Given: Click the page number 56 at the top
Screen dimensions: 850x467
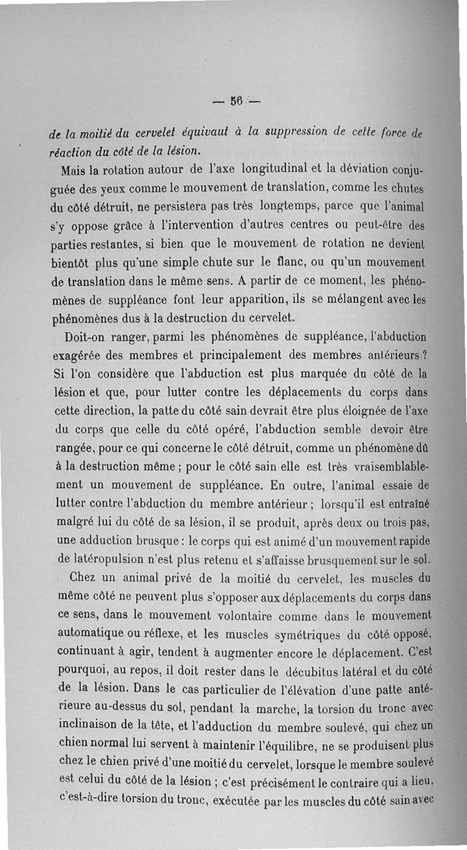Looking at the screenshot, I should (236, 104).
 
